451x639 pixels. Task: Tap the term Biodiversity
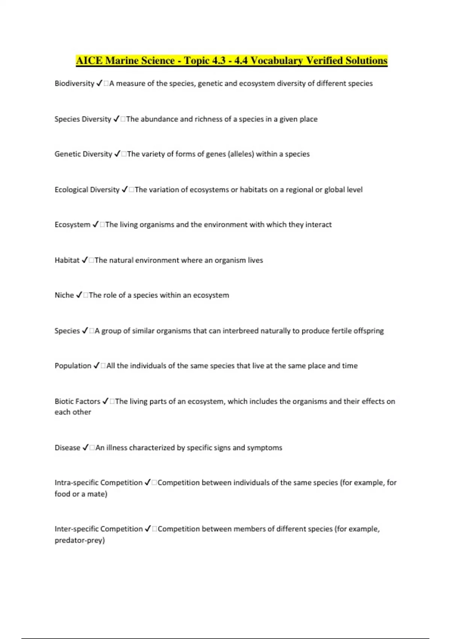[74, 83]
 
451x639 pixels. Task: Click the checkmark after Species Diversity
[116, 119]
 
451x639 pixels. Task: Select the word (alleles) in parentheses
[241, 154]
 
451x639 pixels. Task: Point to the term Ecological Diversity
[87, 190]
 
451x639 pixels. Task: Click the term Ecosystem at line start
[72, 225]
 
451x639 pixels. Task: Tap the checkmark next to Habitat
[85, 260]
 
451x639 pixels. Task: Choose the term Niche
[64, 295]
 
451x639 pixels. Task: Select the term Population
[73, 366]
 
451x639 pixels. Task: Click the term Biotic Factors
[77, 401]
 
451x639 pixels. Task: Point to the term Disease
[67, 448]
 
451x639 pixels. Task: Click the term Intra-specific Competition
[98, 483]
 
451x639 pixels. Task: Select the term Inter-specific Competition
[98, 529]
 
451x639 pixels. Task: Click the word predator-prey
[79, 541]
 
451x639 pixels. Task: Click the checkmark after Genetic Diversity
[117, 154]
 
